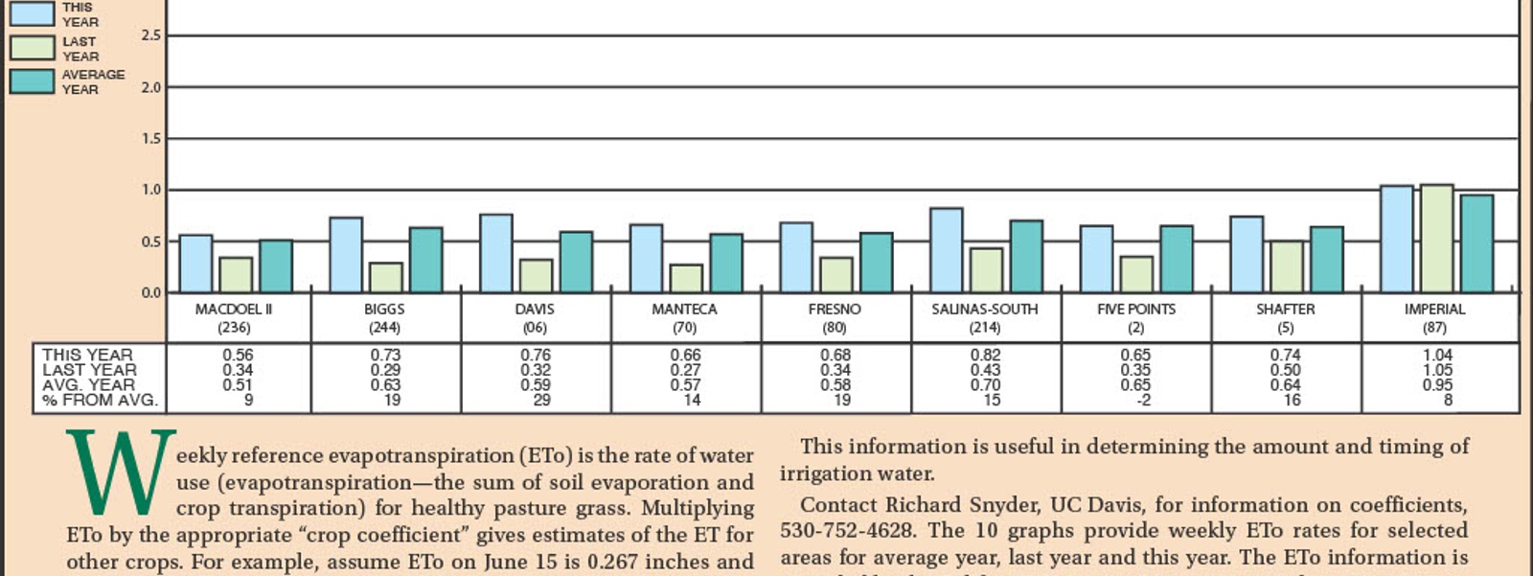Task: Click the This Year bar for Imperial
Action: (1396, 240)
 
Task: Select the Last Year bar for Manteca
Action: (686, 278)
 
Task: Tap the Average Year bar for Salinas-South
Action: (1026, 257)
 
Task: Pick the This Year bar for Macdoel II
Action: (195, 264)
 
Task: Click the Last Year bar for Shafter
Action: (1286, 266)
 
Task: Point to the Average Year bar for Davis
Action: (576, 262)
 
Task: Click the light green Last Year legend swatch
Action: (32, 48)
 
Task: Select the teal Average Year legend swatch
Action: (32, 81)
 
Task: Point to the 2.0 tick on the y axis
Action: (151, 87)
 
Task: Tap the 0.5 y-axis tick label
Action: (151, 242)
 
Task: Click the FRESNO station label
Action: (835, 310)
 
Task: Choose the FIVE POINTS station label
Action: (1136, 310)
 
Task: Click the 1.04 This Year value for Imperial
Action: (1437, 355)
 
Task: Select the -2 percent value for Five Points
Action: (1143, 401)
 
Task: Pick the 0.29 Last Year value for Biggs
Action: (385, 370)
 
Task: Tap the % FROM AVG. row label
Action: (100, 401)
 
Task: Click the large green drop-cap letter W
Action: (121, 473)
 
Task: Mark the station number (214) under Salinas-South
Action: (985, 328)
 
